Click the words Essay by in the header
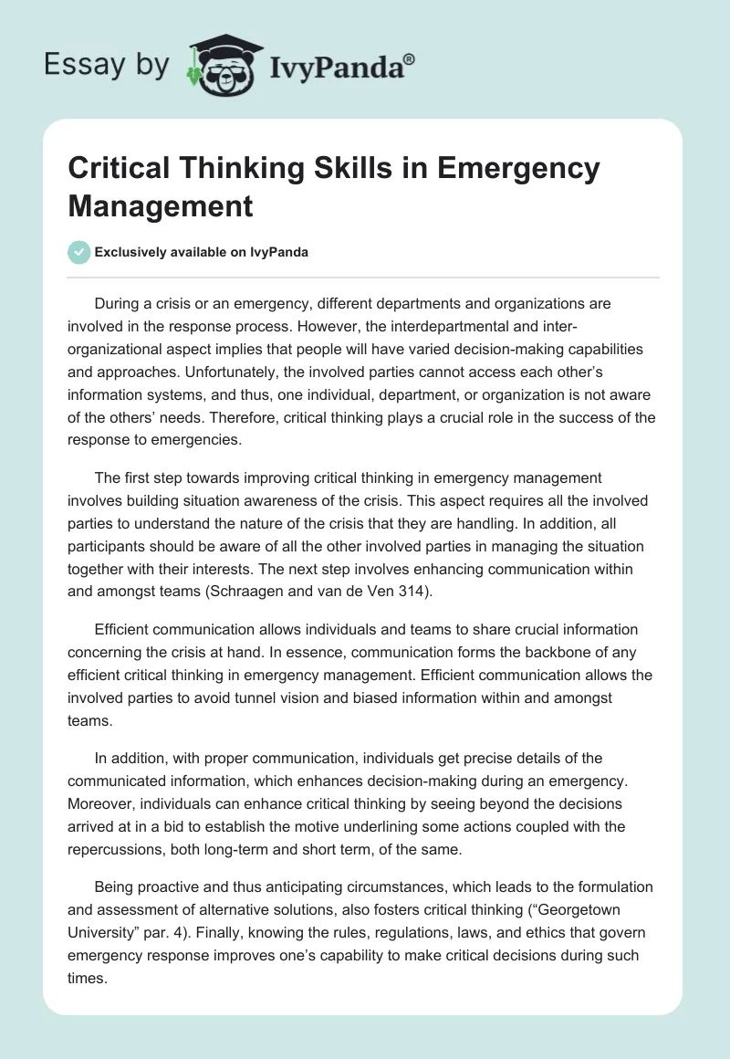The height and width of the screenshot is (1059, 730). click(106, 65)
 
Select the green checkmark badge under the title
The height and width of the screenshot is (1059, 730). click(78, 252)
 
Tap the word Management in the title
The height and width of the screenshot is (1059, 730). click(161, 205)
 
